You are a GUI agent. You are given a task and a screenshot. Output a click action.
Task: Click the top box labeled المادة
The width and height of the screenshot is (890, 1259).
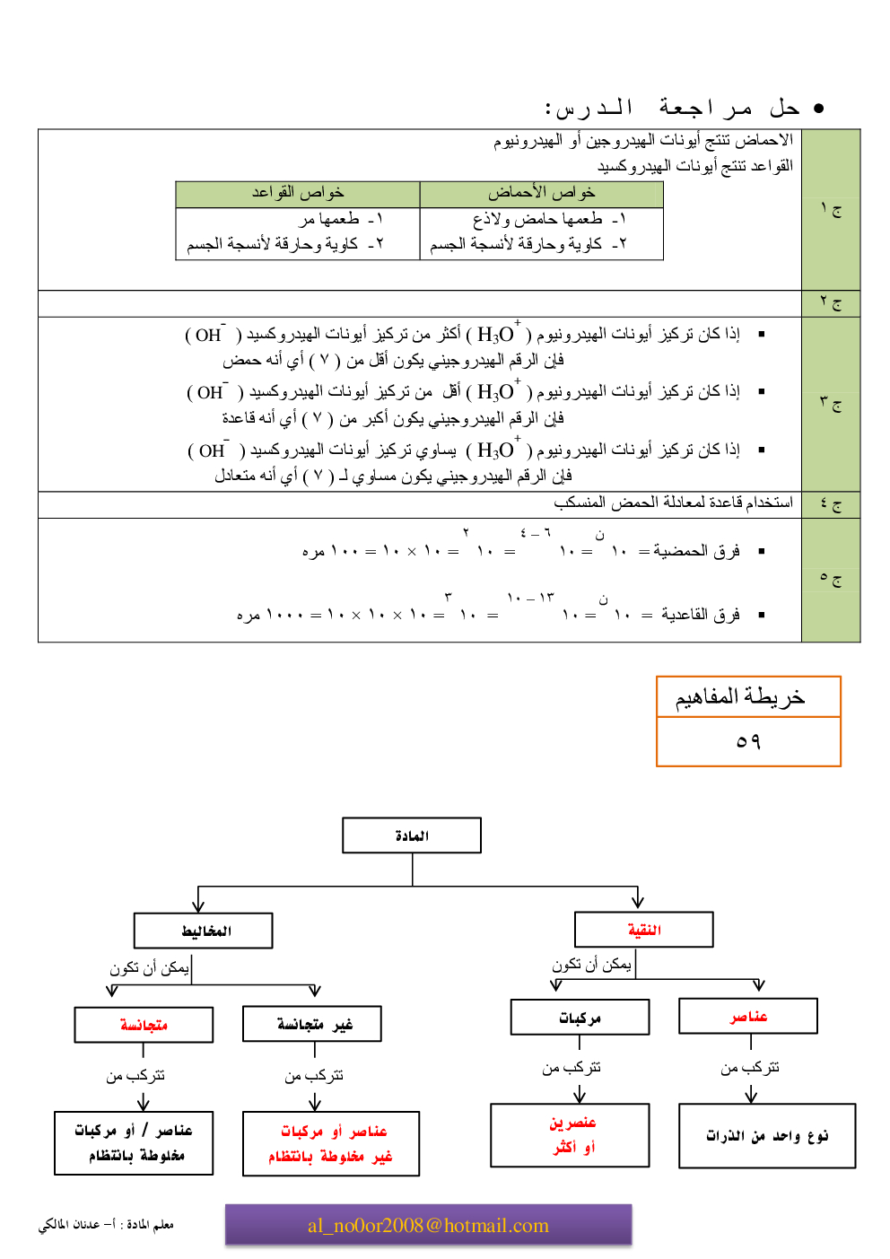click(x=412, y=835)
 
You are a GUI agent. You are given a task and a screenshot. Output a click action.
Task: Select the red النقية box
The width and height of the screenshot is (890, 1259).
click(x=643, y=930)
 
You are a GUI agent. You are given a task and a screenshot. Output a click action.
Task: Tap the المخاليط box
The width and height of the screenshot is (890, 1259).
click(x=204, y=931)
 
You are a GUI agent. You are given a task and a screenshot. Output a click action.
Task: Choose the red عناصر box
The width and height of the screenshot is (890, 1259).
click(x=748, y=1016)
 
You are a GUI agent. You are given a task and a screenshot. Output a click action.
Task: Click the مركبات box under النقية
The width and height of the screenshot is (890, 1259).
click(x=580, y=1018)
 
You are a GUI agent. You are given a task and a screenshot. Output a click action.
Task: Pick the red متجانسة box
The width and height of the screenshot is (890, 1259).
click(x=144, y=1024)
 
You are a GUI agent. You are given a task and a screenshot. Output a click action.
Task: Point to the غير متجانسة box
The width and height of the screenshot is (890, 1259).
click(x=312, y=1024)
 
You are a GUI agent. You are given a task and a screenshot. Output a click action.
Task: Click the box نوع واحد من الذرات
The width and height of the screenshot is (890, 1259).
click(x=767, y=1136)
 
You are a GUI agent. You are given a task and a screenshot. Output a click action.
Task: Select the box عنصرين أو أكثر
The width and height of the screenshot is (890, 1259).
click(x=570, y=1135)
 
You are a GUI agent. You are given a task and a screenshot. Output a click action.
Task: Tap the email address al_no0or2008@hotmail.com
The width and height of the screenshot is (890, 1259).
click(x=428, y=1225)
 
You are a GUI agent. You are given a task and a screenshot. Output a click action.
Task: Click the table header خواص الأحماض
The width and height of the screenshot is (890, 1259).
click(x=541, y=194)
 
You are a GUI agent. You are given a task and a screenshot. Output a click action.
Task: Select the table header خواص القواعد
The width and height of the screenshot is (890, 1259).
click(x=298, y=194)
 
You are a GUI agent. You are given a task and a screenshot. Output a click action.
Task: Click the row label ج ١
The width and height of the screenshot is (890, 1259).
click(x=831, y=210)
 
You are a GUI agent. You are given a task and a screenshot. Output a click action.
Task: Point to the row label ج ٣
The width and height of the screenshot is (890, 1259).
click(x=831, y=404)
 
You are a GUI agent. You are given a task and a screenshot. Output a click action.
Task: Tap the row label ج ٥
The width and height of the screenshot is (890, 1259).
click(x=831, y=580)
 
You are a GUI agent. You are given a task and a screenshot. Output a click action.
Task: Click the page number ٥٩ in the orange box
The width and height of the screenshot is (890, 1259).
click(x=748, y=741)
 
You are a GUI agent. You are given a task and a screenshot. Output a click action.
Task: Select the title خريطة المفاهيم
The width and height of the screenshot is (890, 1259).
click(x=740, y=697)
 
